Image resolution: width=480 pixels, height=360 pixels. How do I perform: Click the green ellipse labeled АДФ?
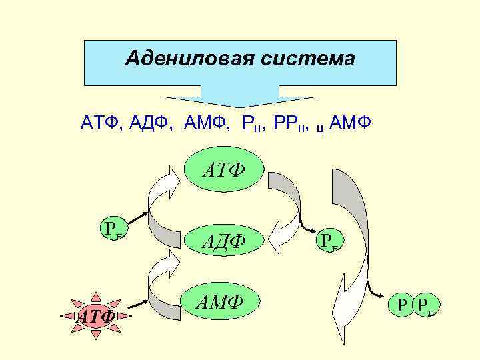pos(224,239)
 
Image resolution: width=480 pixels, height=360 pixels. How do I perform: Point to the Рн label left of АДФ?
pos(111,229)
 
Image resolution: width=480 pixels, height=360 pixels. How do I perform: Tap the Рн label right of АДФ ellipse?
pos(328,241)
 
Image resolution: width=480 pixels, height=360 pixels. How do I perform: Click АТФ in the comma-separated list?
pos(100,123)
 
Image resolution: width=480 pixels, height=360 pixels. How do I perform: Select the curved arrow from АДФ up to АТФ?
pos(162,200)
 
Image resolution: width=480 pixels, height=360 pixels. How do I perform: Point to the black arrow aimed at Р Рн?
pos(379,293)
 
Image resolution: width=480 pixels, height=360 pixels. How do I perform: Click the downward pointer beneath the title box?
pos(240,100)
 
